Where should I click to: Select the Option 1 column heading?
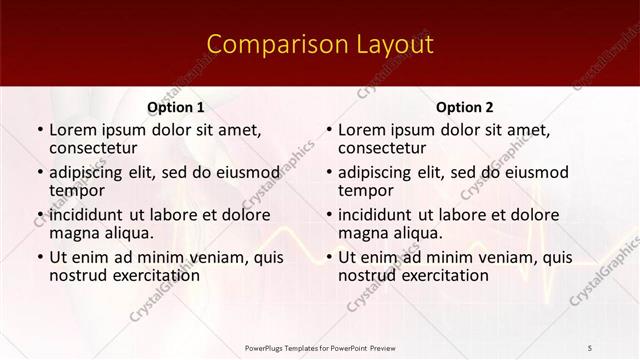176,107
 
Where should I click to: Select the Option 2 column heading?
465,107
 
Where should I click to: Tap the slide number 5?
590,346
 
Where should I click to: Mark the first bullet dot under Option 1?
39,130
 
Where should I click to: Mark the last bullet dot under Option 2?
328,257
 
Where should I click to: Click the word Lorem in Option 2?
361,130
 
